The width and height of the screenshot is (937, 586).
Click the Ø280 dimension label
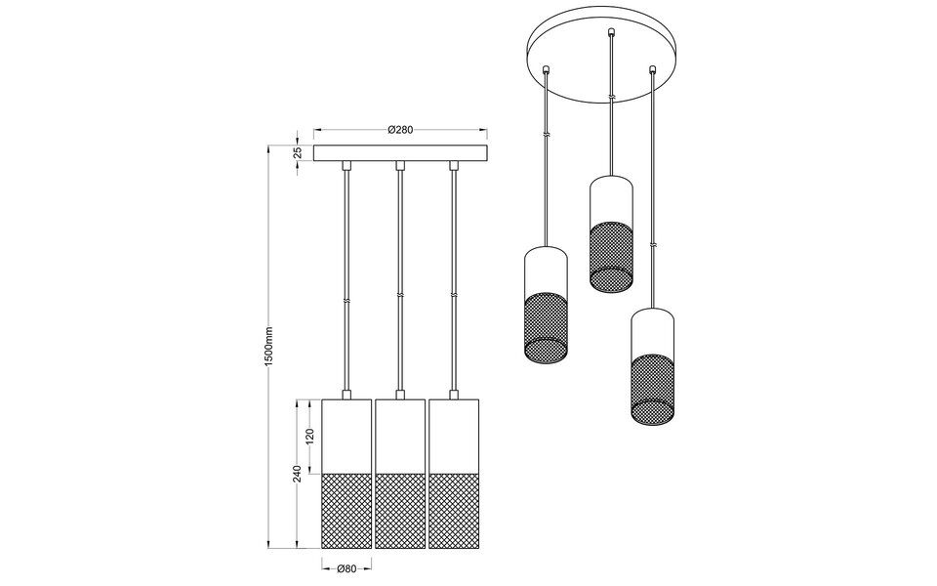click(x=399, y=129)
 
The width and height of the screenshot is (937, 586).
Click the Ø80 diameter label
click(x=345, y=569)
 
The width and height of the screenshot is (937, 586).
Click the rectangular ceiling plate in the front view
click(x=399, y=153)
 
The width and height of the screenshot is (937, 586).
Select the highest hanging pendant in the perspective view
click(x=611, y=234)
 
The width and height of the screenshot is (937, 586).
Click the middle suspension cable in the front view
click(x=399, y=283)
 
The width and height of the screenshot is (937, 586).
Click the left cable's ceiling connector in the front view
click(x=346, y=168)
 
